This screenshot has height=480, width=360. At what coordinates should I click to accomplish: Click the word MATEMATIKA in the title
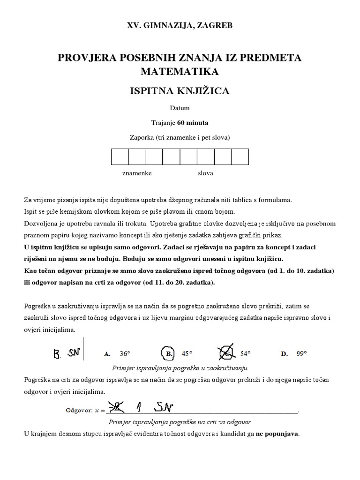(x=180, y=72)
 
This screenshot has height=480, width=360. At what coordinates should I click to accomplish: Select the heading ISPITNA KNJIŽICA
(x=180, y=91)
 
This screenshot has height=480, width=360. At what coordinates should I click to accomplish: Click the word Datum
(x=180, y=108)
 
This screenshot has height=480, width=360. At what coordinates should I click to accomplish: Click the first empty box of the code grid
(x=120, y=157)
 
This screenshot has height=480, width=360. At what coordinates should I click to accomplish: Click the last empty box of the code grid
(x=240, y=157)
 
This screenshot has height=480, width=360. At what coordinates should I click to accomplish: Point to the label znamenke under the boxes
(x=137, y=173)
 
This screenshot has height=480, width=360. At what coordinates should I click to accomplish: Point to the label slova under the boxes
(x=205, y=173)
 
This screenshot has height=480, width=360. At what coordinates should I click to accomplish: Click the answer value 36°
(x=124, y=354)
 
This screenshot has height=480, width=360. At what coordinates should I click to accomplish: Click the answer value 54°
(x=246, y=354)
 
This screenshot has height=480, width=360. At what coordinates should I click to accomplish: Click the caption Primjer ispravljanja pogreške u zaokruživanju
(x=180, y=367)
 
